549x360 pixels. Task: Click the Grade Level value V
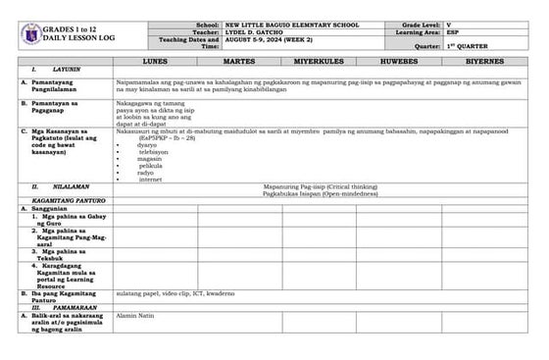point(448,22)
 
